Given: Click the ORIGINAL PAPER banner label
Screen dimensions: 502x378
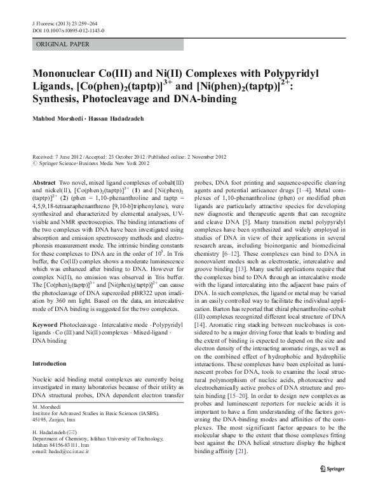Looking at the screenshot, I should [x=63, y=44].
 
